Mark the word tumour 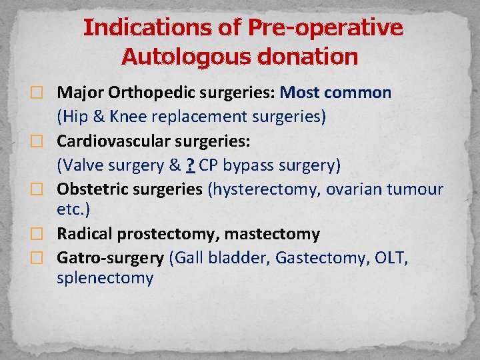pyautogui.click(x=415, y=189)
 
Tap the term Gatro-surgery pyautogui.click(x=110, y=257)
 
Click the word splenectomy pyautogui.click(x=105, y=278)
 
